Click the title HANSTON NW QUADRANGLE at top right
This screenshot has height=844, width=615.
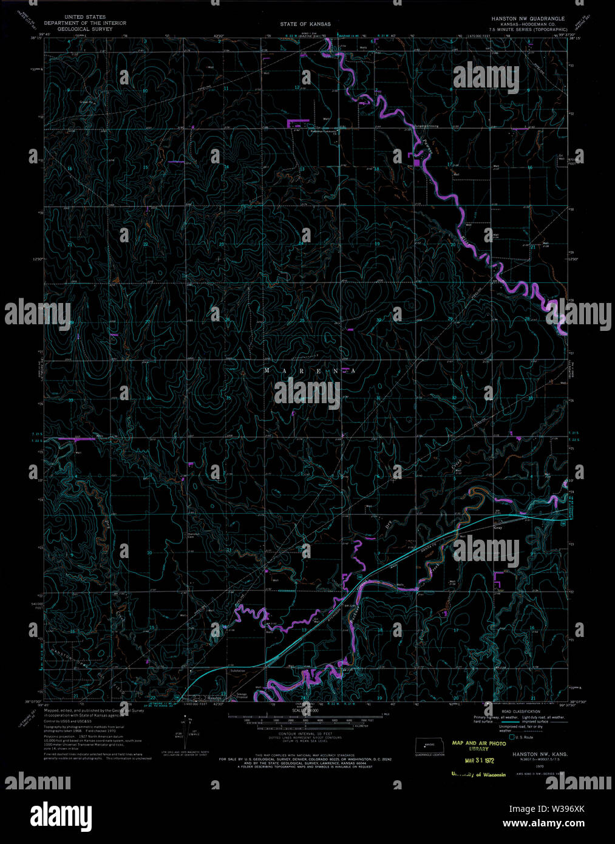point(528,19)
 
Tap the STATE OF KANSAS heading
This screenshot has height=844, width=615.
point(305,24)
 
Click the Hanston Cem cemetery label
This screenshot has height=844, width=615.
point(193,534)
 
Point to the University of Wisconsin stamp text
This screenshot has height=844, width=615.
point(478,774)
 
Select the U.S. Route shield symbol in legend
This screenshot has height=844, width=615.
point(513,737)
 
